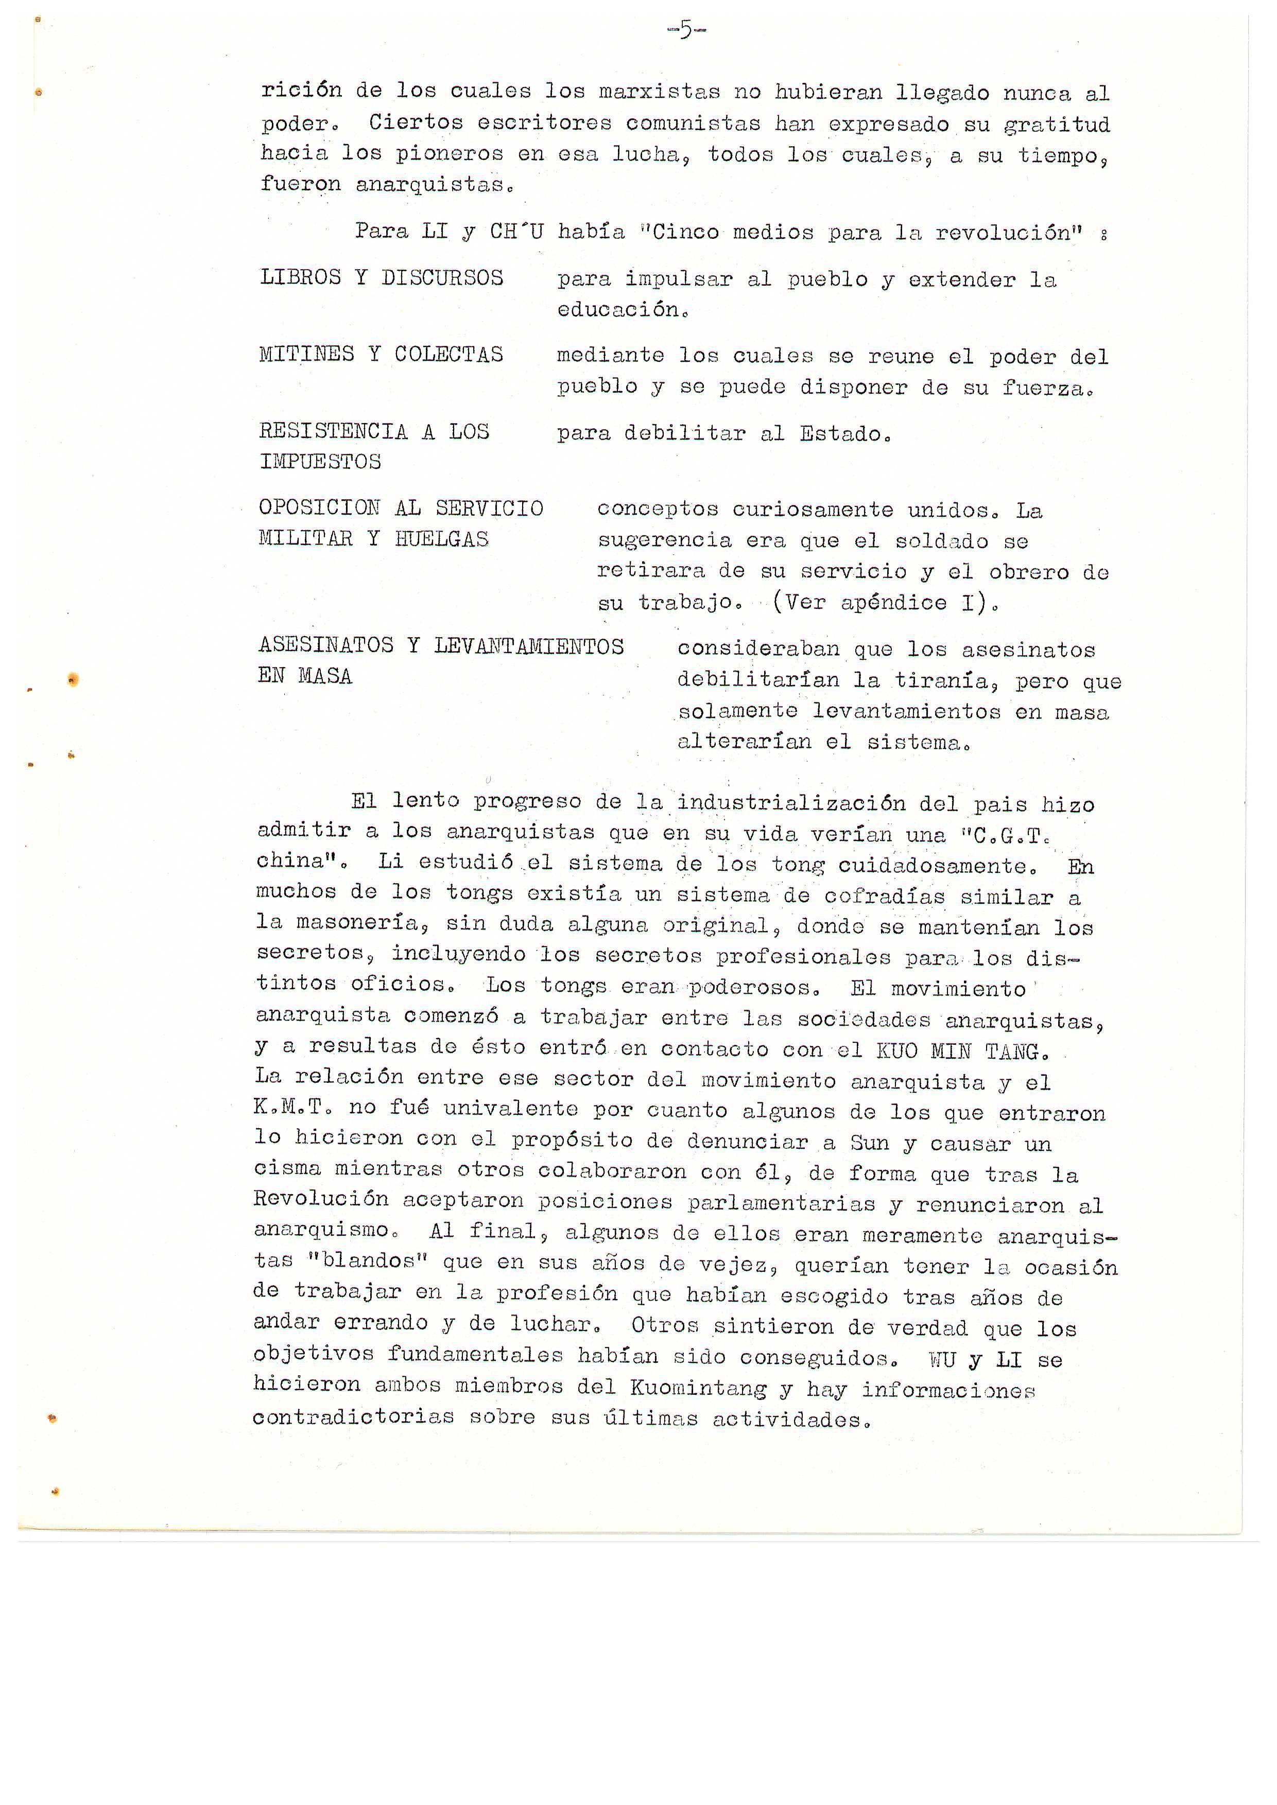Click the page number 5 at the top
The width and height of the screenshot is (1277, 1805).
click(686, 31)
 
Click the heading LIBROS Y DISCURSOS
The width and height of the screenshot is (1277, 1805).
click(382, 277)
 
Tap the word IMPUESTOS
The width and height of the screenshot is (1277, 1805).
click(320, 462)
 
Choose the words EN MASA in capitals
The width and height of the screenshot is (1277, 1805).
click(305, 676)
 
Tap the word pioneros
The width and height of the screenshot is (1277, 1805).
click(449, 153)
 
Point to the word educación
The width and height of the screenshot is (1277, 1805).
click(619, 310)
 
